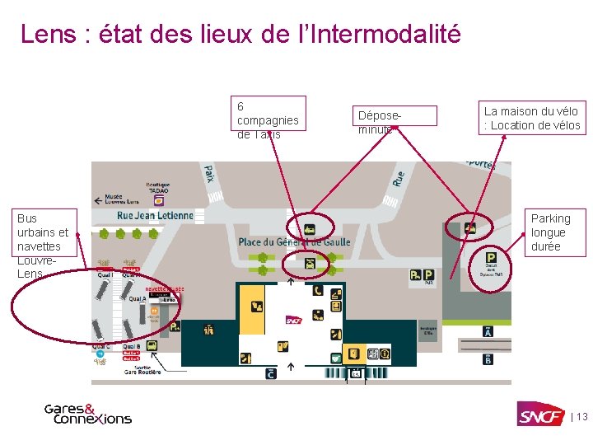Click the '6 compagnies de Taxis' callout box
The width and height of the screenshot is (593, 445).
268,119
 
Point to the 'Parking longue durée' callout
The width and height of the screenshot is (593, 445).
555,232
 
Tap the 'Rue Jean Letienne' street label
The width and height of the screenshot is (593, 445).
155,216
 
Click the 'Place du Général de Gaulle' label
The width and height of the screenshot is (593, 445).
294,242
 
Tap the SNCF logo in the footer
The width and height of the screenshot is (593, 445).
539,415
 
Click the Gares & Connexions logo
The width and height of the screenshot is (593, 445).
87,414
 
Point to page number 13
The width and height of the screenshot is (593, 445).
581,417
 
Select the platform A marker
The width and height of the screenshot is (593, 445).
488,331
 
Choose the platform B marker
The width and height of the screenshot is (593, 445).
488,359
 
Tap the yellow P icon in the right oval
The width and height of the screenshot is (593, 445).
491,257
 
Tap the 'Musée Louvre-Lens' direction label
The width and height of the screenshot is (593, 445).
124,199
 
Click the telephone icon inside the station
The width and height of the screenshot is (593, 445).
318,290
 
